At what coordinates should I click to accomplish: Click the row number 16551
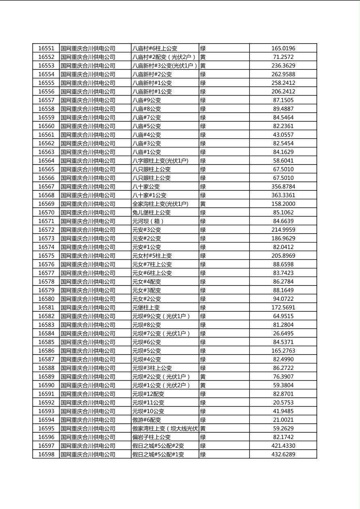(46, 48)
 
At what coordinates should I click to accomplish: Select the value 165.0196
(283, 48)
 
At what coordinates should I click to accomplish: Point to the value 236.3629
(283, 66)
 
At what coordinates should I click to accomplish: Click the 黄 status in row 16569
(203, 204)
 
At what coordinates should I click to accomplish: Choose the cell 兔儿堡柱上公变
(151, 213)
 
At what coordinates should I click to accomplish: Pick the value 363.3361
(283, 195)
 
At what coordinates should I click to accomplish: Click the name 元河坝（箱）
(149, 221)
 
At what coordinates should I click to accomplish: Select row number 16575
(46, 256)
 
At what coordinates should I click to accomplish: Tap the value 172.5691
(283, 308)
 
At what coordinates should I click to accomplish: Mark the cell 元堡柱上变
(146, 308)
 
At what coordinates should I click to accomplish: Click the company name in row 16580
(88, 299)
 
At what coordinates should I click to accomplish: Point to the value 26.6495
(283, 334)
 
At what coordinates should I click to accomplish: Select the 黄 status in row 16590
(203, 385)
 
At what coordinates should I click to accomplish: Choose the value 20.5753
(283, 403)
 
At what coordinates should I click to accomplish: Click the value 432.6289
(283, 455)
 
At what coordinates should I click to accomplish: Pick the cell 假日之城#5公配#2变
(158, 446)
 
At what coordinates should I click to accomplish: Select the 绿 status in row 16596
(203, 437)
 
